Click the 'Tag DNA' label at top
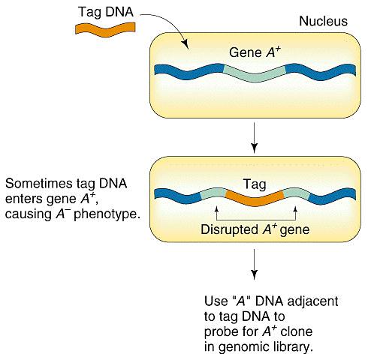click(106, 12)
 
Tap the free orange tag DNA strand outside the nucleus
click(105, 30)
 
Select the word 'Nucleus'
click(323, 21)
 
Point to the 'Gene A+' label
click(255, 52)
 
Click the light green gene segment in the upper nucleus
click(255, 74)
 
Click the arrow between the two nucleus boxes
click(254, 137)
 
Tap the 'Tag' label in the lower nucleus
click(255, 184)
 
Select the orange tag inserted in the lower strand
click(255, 197)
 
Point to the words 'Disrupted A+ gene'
click(255, 229)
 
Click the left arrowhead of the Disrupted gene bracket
click(217, 209)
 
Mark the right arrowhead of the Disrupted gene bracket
click(295, 209)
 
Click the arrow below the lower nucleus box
click(254, 264)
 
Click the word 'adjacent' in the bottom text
click(312, 301)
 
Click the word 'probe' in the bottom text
click(219, 332)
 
